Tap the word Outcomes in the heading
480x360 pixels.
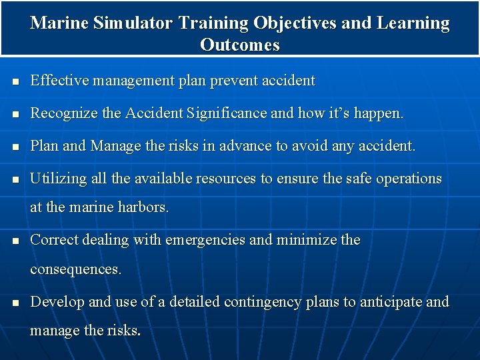click(239, 45)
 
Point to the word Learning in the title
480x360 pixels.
click(413, 23)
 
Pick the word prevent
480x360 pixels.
click(234, 81)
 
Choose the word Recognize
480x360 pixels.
click(64, 114)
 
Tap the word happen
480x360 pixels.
click(378, 115)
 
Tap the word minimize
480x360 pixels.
click(299, 240)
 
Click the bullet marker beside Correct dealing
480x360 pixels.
click(14, 241)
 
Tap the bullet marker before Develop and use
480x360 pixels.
click(14, 303)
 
